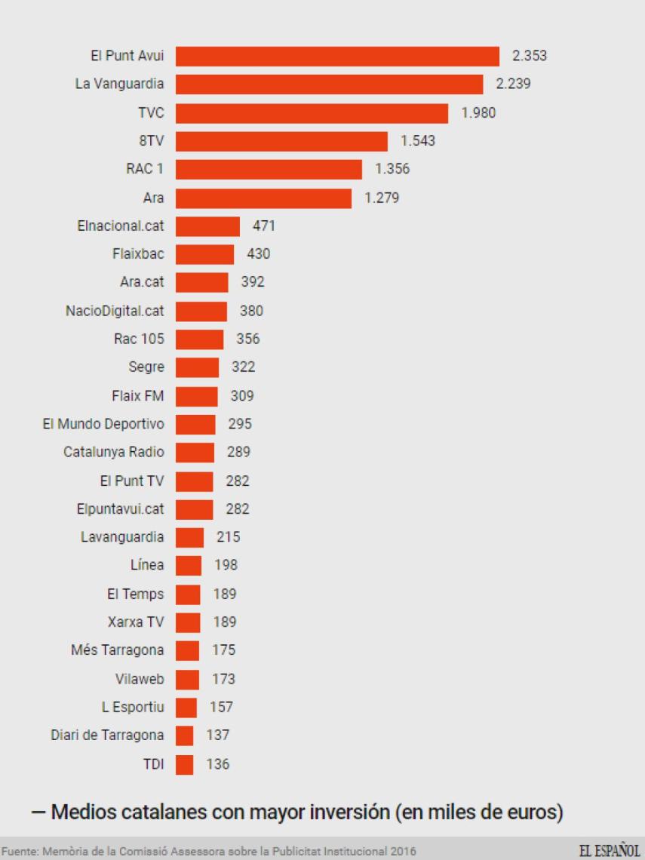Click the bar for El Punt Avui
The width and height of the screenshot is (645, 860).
(337, 57)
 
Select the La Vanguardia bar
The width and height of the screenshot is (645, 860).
(329, 84)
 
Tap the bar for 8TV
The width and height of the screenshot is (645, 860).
(281, 141)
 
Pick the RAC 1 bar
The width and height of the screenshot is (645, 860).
(269, 169)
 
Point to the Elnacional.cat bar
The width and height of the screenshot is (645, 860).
(207, 226)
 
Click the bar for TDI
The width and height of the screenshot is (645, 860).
(184, 764)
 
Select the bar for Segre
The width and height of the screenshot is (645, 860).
(197, 367)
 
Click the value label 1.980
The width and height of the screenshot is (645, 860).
(478, 113)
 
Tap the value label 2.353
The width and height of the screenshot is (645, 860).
(529, 56)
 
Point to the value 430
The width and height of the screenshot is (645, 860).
(258, 254)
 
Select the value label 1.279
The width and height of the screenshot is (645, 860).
(381, 198)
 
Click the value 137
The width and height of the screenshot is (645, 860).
(217, 735)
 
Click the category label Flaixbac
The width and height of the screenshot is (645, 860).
(138, 254)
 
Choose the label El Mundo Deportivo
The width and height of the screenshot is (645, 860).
(103, 424)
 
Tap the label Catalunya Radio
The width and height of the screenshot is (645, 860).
(113, 452)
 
